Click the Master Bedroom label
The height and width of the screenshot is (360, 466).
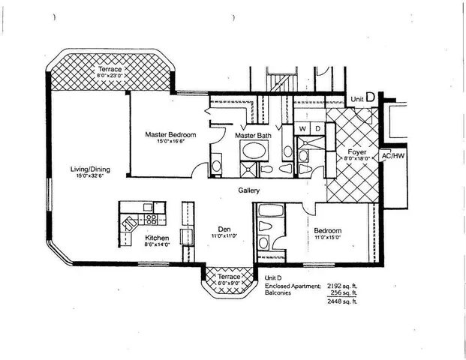click(170, 134)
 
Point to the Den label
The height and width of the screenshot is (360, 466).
click(224, 229)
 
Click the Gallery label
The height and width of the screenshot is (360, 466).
click(250, 190)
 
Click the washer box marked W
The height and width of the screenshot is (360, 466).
click(302, 128)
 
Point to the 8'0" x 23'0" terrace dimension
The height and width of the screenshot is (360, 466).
click(114, 76)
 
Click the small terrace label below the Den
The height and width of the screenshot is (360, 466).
click(229, 276)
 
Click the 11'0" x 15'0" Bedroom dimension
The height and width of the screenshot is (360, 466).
click(328, 237)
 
